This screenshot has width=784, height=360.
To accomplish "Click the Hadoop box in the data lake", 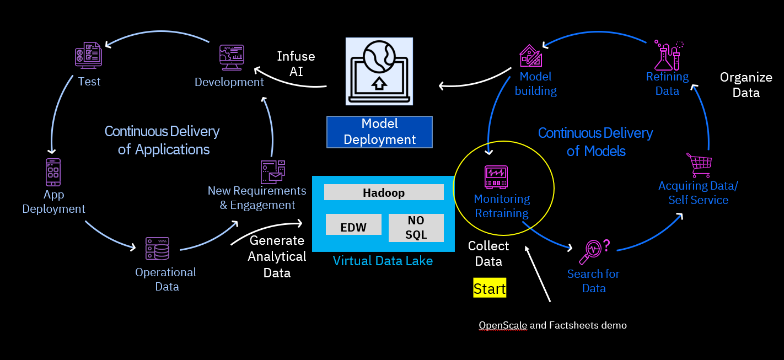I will point(384,192).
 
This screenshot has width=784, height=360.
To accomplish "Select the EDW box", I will point(353,228).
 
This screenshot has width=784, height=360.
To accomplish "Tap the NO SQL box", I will point(416,228).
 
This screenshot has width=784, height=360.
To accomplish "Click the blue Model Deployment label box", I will point(379,132).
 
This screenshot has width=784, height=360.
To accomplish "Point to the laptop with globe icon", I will point(379,71).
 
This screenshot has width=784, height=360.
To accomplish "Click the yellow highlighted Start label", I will point(490,288).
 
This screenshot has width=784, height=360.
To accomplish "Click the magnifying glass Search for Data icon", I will point(593,251).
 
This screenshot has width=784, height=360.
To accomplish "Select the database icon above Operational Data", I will point(158,249).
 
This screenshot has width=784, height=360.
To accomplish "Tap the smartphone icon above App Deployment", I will point(53,172).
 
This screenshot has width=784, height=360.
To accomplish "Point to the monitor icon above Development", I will point(232,57).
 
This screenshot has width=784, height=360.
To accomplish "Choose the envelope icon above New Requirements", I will point(273,172).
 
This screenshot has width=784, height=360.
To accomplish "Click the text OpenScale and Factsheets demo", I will point(552,325).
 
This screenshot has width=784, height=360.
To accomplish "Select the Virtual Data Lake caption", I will point(383,261).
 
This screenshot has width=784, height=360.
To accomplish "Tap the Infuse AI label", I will point(296,63).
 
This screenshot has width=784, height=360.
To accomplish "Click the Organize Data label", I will point(746,84).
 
